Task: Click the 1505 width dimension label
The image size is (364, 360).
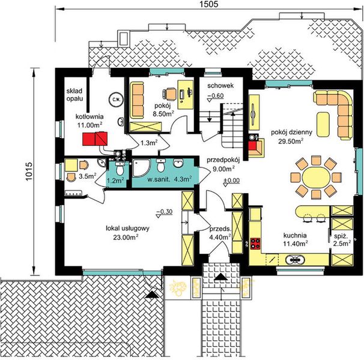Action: [x=209, y=4]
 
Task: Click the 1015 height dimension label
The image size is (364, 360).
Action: [x=28, y=172]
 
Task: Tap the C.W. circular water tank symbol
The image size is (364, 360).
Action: [x=115, y=100]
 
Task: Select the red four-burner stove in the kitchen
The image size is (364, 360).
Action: [x=255, y=244]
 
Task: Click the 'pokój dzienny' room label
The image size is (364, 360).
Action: [x=291, y=133]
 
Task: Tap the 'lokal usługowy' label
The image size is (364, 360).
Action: [x=127, y=229]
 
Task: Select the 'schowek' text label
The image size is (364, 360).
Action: [x=220, y=86]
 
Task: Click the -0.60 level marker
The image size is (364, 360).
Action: [x=216, y=97]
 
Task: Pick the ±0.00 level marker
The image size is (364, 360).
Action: [x=231, y=182]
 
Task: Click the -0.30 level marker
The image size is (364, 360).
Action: [x=165, y=212]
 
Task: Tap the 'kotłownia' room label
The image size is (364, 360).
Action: [x=89, y=116]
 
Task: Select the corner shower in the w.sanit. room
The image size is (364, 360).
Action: [x=141, y=167]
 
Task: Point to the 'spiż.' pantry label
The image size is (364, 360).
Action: [x=341, y=236]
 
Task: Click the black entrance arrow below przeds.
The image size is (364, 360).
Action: [x=221, y=277]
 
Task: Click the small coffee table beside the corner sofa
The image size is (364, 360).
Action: [x=323, y=124]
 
